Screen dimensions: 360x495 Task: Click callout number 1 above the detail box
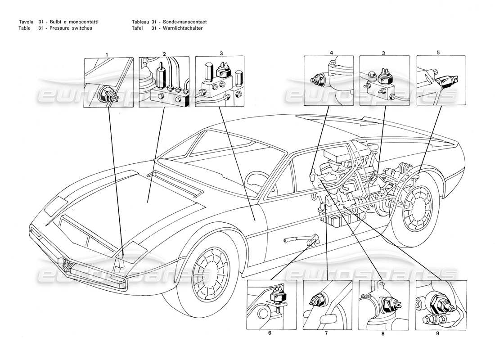pos(107,54)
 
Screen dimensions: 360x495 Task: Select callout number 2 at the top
pos(164,54)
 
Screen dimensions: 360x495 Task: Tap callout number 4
pos(331,53)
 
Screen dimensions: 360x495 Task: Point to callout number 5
pos(438,53)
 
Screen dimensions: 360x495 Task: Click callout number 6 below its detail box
pos(269,333)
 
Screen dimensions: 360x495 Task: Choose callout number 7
pos(326,333)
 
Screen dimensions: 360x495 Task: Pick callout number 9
pos(438,333)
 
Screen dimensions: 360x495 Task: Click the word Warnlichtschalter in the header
pos(184,28)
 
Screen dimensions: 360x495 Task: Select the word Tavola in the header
pos(26,22)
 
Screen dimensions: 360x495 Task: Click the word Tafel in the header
pos(138,28)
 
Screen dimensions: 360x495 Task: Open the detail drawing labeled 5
pos(438,81)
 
